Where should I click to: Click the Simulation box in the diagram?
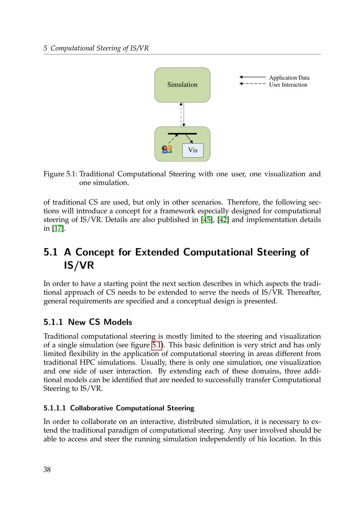coord(182,85)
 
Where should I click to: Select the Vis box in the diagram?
coord(193,150)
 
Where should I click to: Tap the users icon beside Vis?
coord(167,149)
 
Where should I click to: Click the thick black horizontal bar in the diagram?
coord(182,134)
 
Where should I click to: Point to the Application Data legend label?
coord(289,78)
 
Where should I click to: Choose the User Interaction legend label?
coord(288,85)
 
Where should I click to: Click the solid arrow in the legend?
coord(252,77)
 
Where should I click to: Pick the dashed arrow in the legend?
coord(252,84)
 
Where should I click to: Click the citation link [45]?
coord(206,220)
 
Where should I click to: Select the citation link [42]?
coord(223,220)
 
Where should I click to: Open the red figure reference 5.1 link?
coord(157,345)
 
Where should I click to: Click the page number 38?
coord(47,469)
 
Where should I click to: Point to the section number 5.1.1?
coord(54,322)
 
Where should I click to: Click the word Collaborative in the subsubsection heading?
coord(91,408)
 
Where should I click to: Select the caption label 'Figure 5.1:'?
coord(60,174)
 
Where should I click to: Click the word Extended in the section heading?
coord(157,252)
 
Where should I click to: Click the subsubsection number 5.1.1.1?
coord(55,408)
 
